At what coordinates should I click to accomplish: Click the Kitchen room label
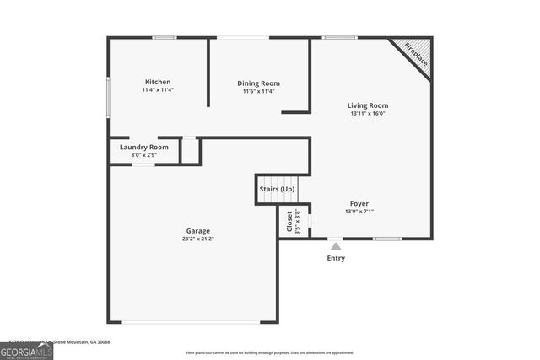point(158,82)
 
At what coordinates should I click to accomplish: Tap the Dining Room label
point(258,83)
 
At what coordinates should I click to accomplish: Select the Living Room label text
point(368,105)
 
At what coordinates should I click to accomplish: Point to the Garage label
point(198,230)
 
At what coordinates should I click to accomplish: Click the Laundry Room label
point(143,147)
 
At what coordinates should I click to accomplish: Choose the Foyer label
point(359,203)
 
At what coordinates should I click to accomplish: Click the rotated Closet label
point(289,221)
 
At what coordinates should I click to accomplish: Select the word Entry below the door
point(336,258)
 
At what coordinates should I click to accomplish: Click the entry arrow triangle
point(336,246)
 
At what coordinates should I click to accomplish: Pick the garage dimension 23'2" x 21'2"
point(198,239)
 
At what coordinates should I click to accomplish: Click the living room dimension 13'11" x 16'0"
point(368,114)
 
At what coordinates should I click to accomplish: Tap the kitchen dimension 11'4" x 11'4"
point(158,90)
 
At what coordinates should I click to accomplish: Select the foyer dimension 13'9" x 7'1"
point(359,212)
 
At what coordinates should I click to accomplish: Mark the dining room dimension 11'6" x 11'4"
point(258,92)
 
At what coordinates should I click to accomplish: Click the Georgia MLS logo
point(27,352)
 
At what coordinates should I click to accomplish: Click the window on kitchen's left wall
point(108,97)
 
